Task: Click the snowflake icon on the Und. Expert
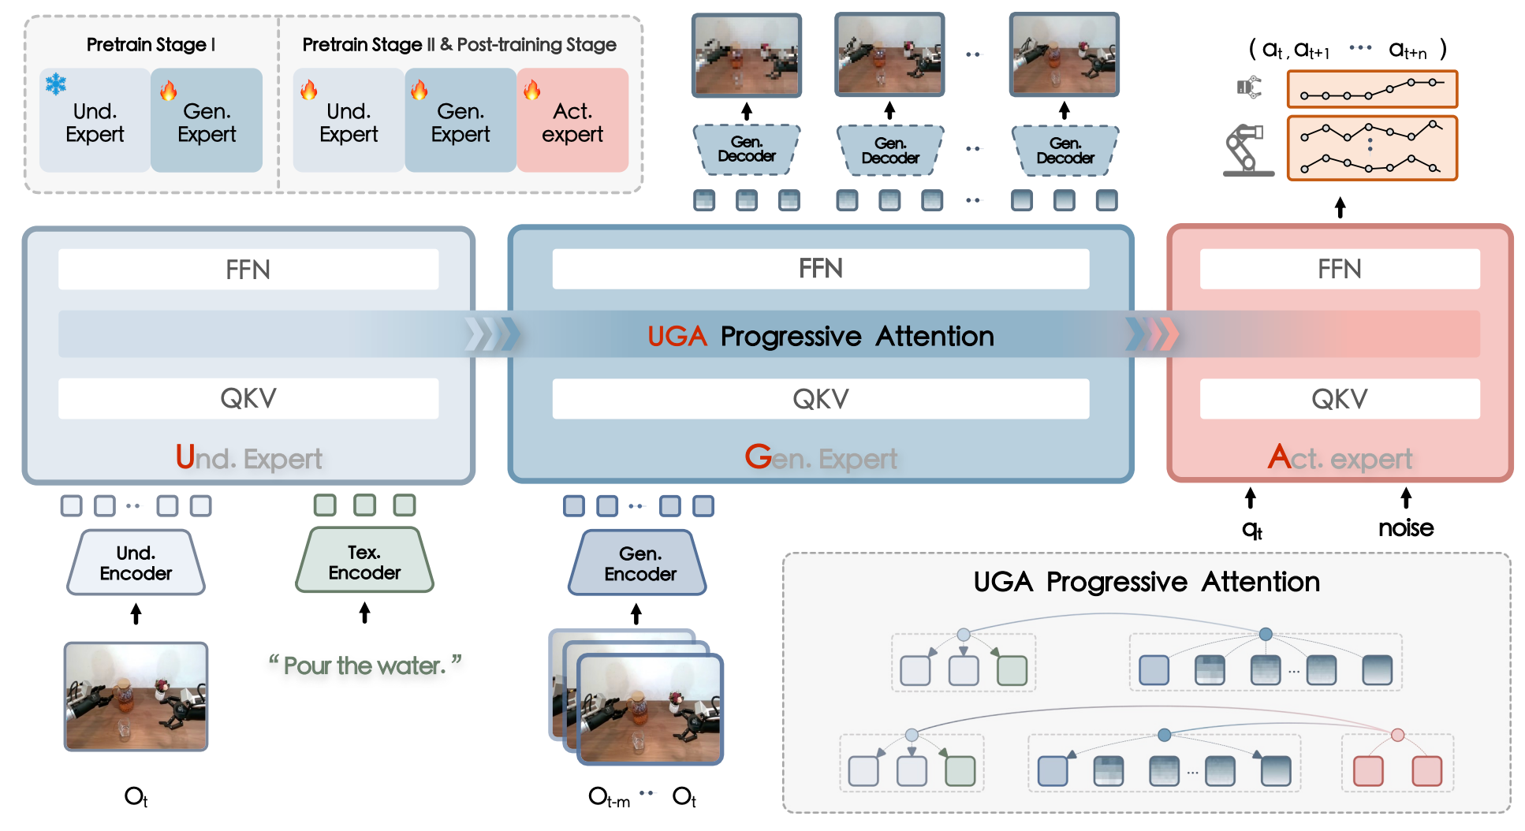[56, 84]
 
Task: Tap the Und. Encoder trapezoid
[136, 563]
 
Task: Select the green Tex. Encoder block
[364, 561]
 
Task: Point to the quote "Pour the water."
[364, 665]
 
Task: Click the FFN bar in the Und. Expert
[248, 270]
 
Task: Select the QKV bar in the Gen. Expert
[820, 399]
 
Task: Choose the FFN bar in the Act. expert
[1339, 270]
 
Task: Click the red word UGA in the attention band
[677, 337]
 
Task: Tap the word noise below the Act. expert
[1405, 528]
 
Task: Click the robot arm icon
[1247, 150]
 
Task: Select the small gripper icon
[1249, 88]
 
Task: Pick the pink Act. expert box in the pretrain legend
[572, 121]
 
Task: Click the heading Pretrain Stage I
[151, 45]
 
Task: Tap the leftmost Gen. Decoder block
[747, 150]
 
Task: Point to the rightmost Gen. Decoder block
[1065, 150]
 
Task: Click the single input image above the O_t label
[136, 696]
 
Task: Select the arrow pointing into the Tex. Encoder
[364, 613]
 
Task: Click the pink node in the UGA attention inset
[1397, 735]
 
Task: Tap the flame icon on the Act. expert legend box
[532, 90]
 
